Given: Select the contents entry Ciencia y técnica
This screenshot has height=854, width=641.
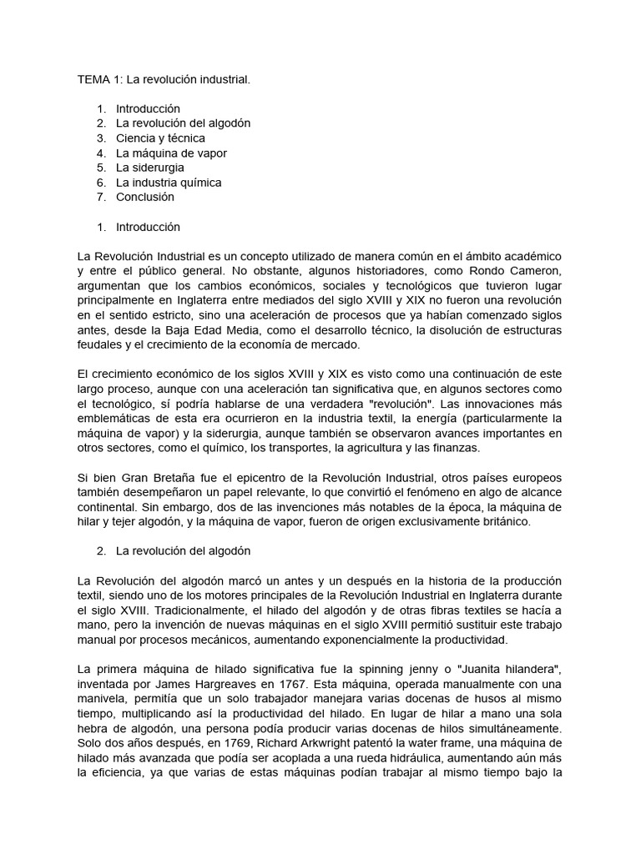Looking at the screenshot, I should tap(160, 138).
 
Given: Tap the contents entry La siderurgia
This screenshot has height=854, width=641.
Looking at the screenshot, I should tap(150, 168).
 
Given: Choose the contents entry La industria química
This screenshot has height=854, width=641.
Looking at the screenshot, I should tap(169, 182).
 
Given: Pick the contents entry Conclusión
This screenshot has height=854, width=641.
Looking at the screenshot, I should tap(145, 197).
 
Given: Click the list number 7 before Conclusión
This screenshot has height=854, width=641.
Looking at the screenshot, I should tap(100, 197).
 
